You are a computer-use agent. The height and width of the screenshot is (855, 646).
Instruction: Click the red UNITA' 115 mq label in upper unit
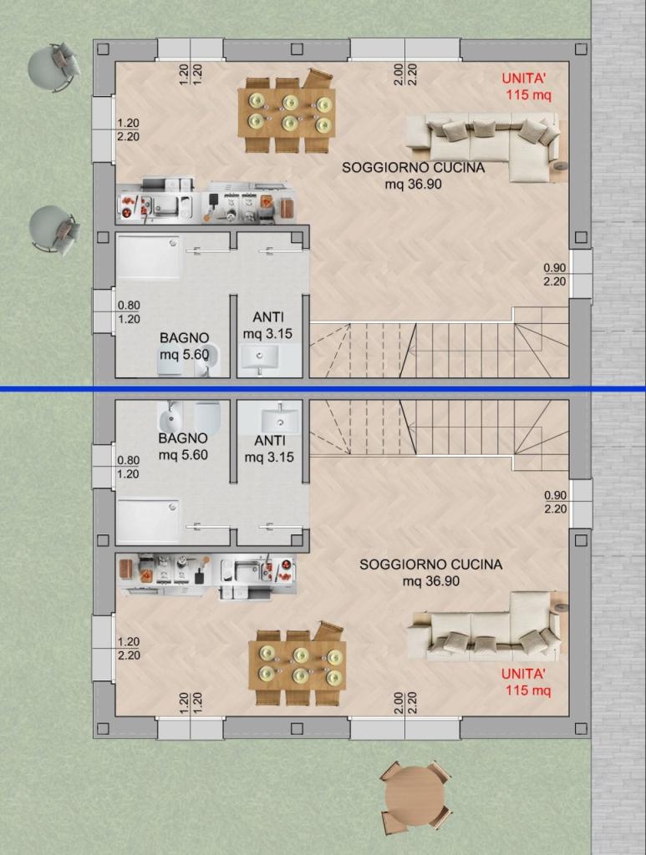526,86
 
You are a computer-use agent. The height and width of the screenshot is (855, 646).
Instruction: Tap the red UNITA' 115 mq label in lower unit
526,681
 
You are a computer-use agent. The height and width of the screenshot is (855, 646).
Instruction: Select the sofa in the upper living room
486,143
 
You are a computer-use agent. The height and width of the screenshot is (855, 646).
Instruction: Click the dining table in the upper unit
286,113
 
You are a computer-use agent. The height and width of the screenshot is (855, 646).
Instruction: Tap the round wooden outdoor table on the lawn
415,796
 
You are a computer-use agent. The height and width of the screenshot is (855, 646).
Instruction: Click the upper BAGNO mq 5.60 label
184,347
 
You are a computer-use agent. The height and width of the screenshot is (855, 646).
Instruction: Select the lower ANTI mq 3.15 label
268,448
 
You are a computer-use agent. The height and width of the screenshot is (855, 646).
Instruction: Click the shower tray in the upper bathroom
148,256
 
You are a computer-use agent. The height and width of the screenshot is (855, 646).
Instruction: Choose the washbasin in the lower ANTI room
281,419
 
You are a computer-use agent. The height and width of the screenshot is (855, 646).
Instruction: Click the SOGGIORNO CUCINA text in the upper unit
413,167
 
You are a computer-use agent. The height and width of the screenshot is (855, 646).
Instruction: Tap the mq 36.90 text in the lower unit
431,581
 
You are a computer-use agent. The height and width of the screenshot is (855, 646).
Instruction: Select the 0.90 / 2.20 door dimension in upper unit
555,275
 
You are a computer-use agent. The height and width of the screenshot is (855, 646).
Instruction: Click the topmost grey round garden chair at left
54,67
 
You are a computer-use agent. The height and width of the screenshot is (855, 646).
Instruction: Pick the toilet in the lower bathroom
207,417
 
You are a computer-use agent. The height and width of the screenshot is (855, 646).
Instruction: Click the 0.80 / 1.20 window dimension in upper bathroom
129,312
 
